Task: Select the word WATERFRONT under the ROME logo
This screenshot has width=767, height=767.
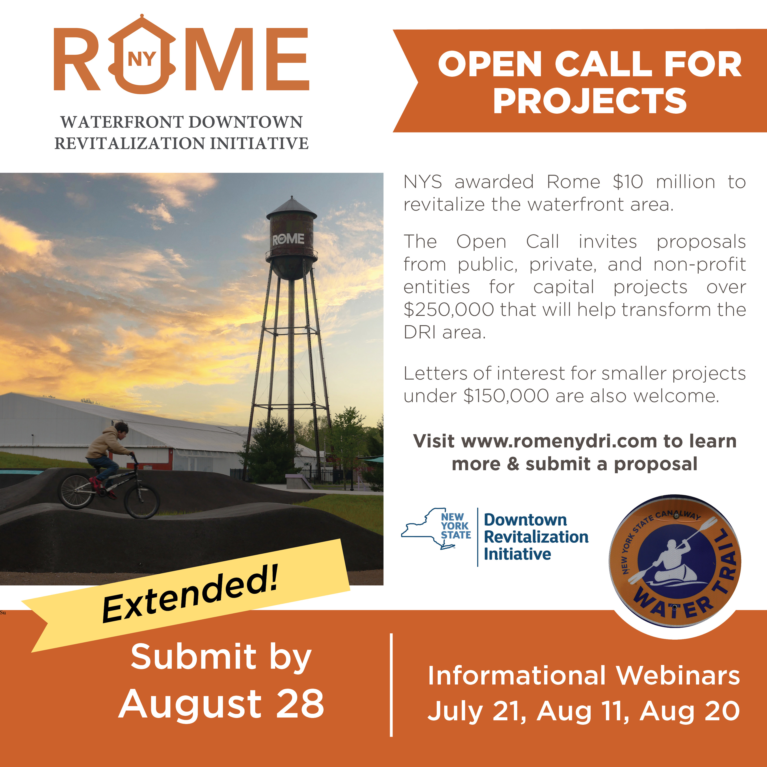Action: (x=122, y=122)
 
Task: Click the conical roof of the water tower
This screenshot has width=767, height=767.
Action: (x=292, y=206)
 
